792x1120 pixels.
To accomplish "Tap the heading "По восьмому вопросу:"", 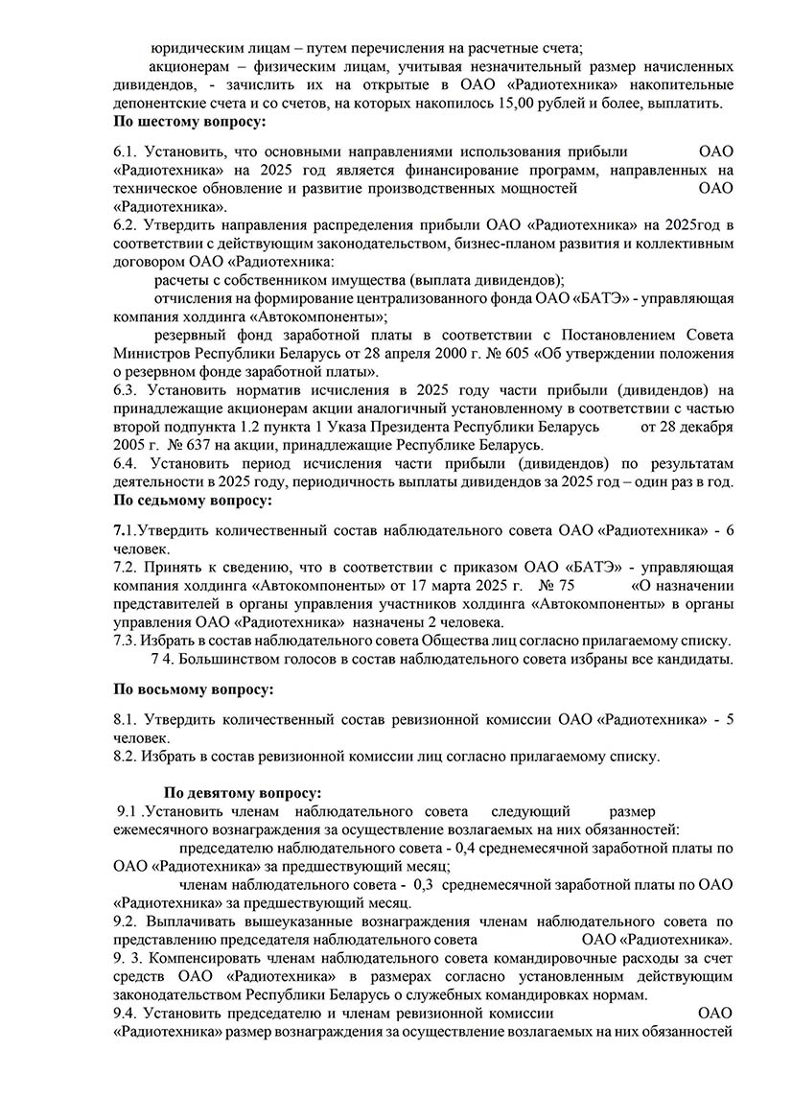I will pos(193,688).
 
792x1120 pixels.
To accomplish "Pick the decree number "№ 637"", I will pos(191,444).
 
